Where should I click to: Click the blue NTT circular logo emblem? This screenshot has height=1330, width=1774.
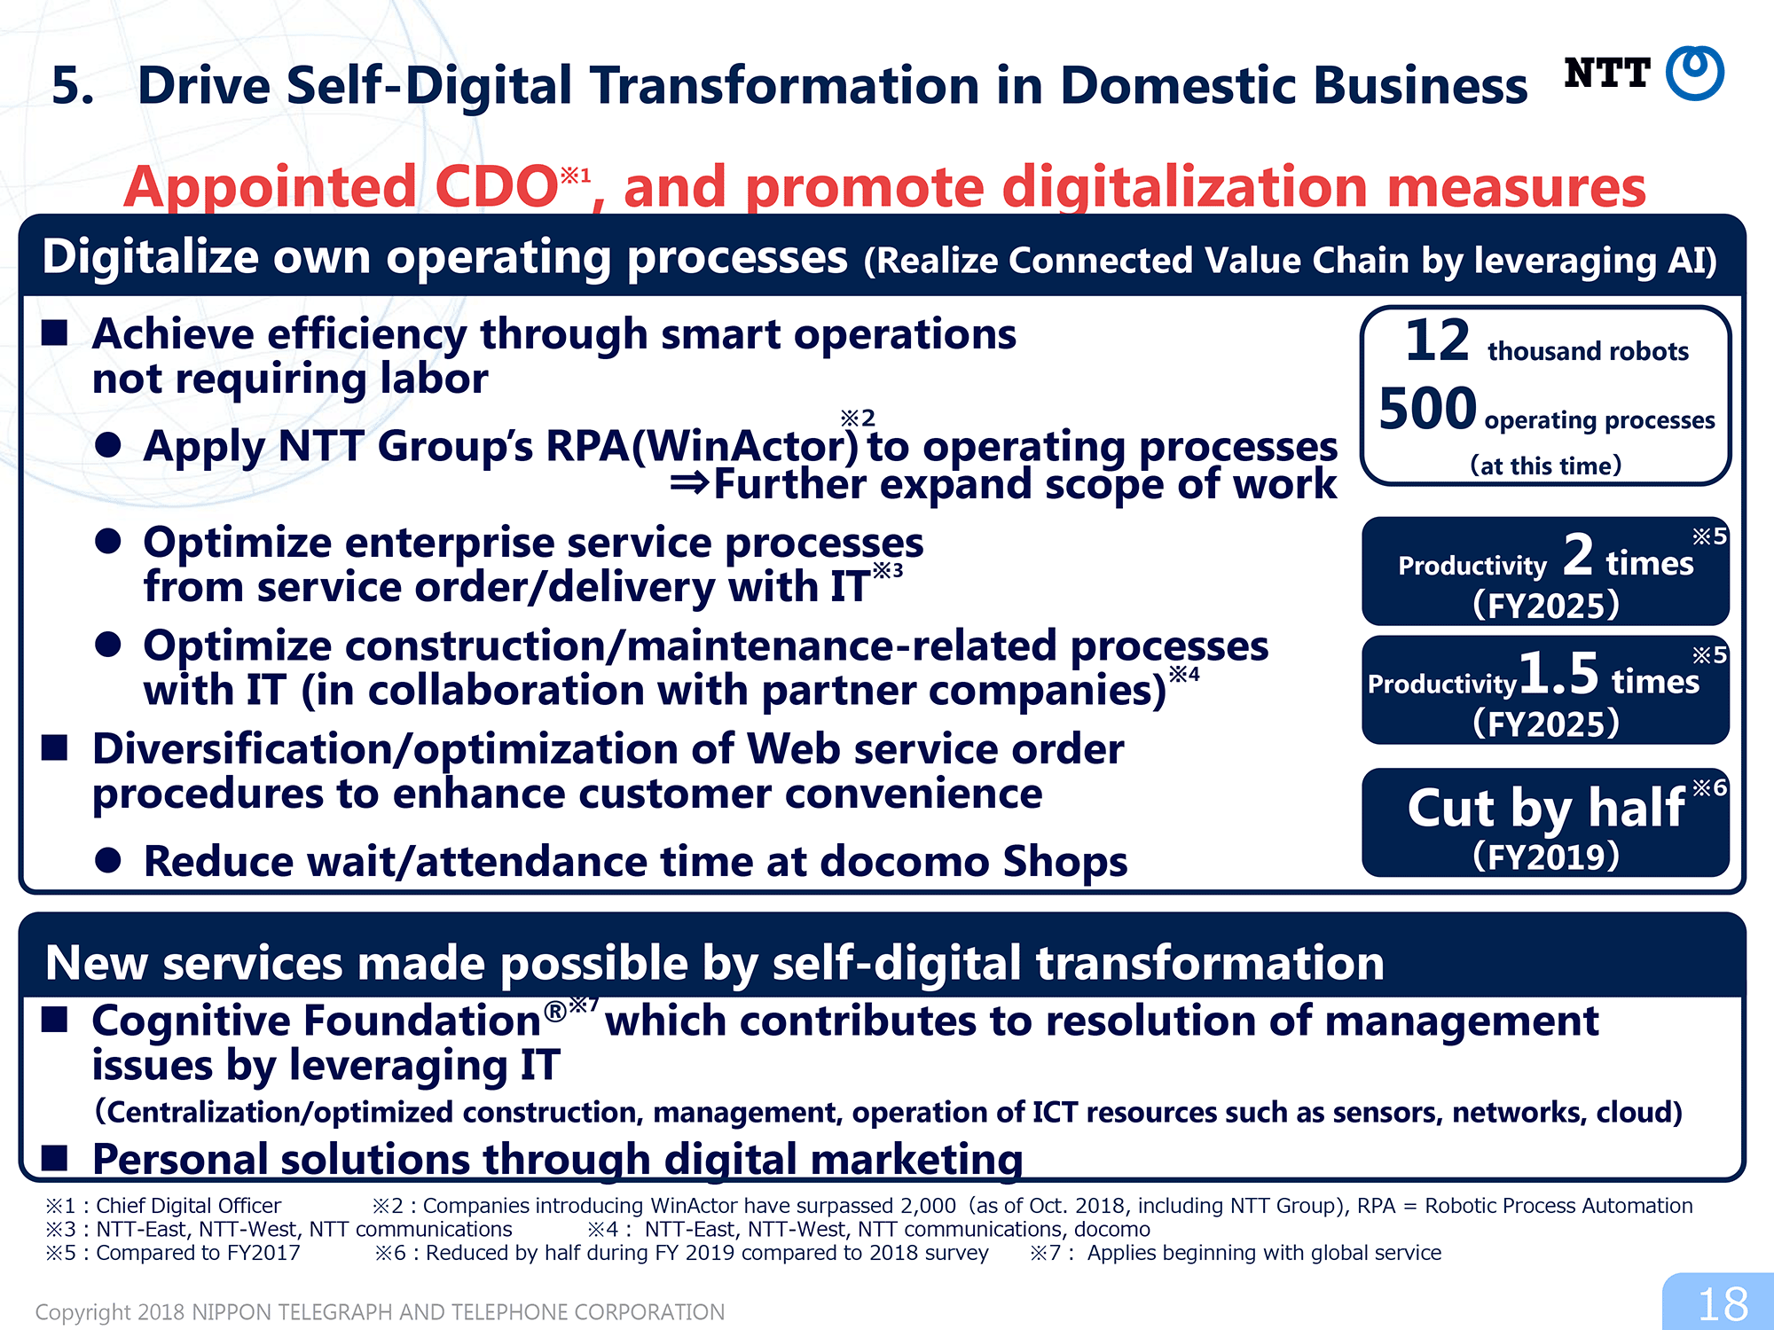point(1694,73)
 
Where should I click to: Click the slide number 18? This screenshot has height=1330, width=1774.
point(1722,1304)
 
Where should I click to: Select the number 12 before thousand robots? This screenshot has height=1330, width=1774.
point(1437,340)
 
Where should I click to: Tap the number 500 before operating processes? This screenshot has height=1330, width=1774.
point(1427,409)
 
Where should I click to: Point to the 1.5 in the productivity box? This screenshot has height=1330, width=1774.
point(1558,673)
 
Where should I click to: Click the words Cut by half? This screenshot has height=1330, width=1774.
point(1545,808)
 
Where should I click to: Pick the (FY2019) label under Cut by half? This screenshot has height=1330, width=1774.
point(1545,857)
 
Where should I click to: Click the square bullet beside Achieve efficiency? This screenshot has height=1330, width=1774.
point(55,332)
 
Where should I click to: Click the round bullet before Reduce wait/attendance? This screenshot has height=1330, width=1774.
point(108,860)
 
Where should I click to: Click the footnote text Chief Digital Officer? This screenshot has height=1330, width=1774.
point(188,1206)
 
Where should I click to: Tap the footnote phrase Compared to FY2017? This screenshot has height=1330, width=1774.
point(198,1253)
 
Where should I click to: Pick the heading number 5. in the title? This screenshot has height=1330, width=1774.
point(73,86)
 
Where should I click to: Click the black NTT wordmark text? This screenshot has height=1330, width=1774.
point(1606,73)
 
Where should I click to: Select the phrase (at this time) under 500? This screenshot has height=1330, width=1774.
point(1545,465)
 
